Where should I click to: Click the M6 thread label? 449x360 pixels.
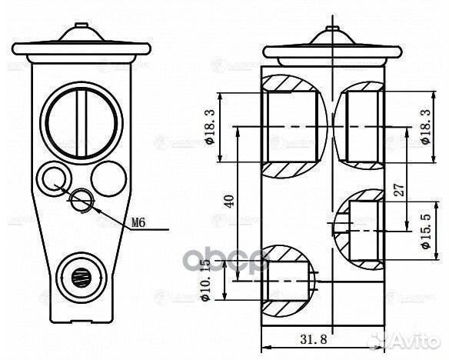138,223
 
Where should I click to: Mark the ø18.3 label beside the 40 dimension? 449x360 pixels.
209,127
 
